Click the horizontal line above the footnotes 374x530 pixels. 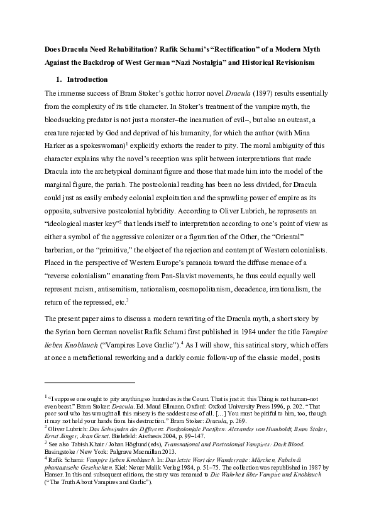pyautogui.click(x=90, y=381)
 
